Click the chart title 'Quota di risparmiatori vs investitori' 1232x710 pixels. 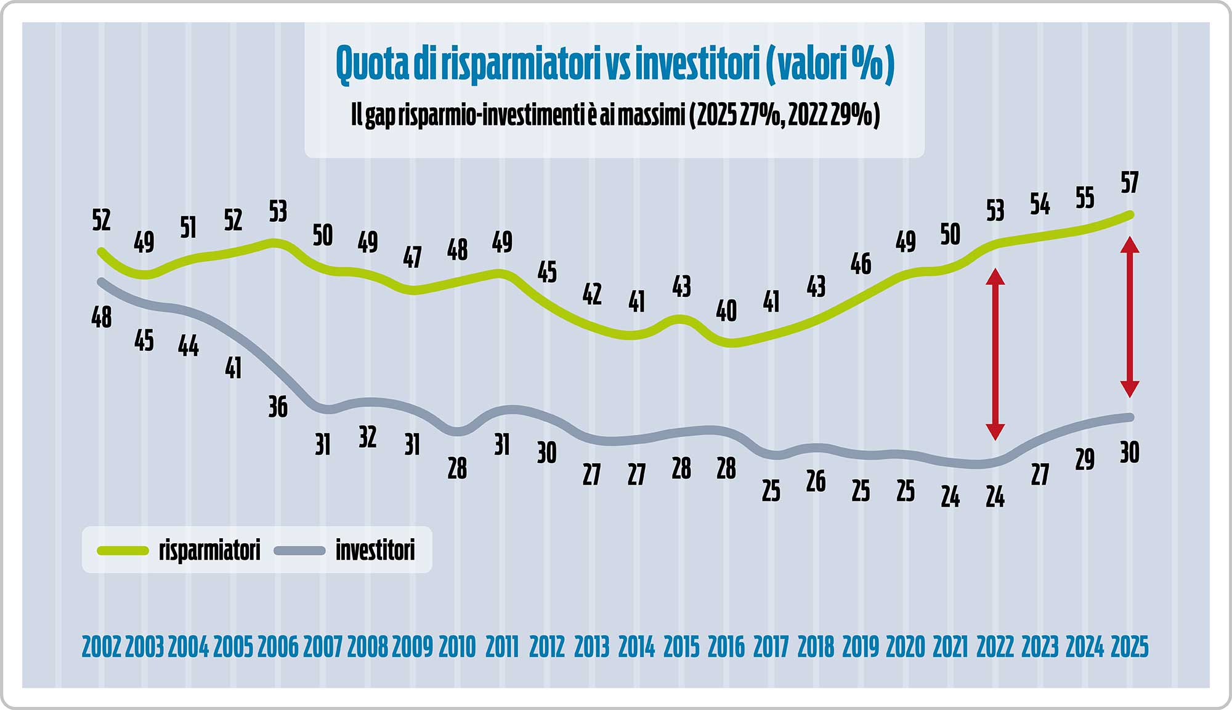[x=615, y=64]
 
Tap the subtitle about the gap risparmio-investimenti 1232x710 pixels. [x=615, y=115]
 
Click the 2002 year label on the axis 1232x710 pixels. [x=102, y=647]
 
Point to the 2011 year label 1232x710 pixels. [x=502, y=647]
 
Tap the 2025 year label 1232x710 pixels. [x=1129, y=647]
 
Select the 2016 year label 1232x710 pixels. [x=726, y=647]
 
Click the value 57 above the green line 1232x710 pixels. [x=1129, y=183]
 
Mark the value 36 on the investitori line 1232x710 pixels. [x=278, y=407]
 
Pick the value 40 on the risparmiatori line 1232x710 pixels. [x=726, y=311]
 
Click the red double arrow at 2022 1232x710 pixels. [x=995, y=354]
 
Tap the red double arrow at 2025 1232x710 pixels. [x=1129, y=317]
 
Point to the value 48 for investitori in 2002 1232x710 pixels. [x=102, y=318]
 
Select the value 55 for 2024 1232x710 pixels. [x=1085, y=198]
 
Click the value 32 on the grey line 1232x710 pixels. [x=368, y=437]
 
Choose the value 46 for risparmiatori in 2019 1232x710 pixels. [x=861, y=264]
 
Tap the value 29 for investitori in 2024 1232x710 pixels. [x=1085, y=459]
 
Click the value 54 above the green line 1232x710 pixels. [x=1040, y=204]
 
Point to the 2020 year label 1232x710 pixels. [x=906, y=647]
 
